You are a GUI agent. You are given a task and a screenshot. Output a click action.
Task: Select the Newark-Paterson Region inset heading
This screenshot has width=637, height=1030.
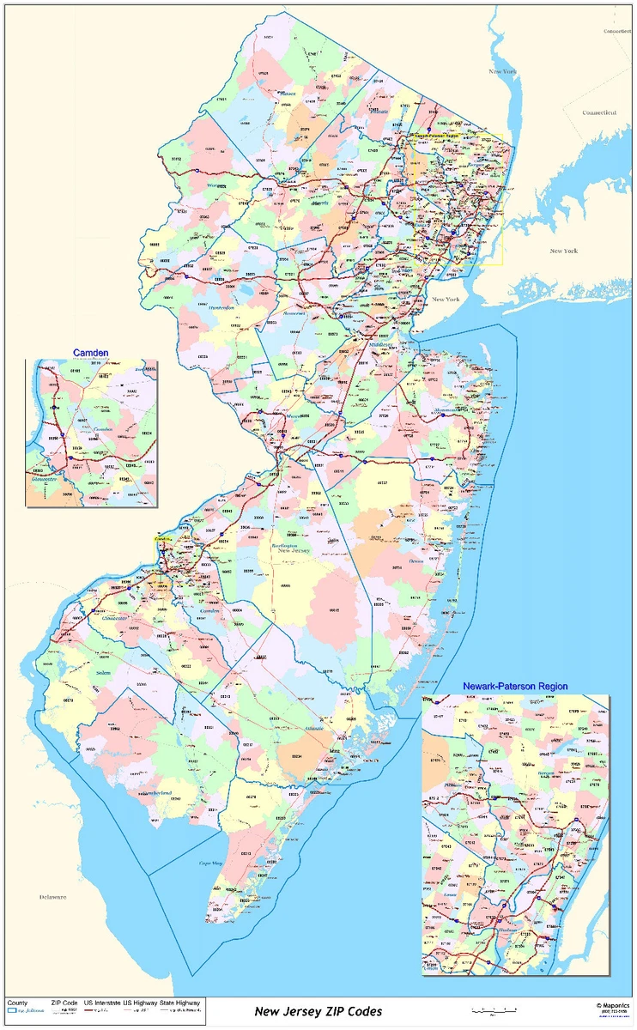pos(514,687)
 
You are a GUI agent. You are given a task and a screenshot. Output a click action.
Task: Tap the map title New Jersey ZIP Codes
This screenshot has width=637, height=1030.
pos(318,1012)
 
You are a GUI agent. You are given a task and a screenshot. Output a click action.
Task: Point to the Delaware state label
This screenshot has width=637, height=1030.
pos(52,897)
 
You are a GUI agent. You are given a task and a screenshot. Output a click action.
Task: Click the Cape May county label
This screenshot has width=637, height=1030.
pos(211,863)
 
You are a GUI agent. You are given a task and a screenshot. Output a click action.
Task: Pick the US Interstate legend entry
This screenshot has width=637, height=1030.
pos(102,1003)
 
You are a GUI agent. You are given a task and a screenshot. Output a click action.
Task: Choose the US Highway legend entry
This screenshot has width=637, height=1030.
pos(141,1003)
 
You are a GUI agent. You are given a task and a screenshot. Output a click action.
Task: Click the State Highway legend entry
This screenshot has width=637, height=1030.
pos(179,1003)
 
